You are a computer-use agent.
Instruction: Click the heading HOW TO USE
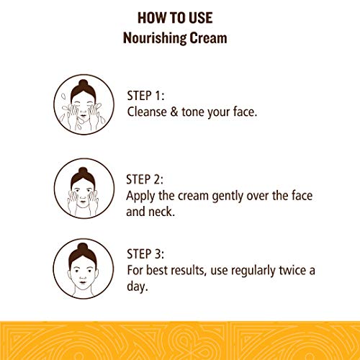(x=175, y=18)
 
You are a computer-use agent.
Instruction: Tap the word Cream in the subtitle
(x=208, y=38)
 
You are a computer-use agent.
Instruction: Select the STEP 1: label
(x=145, y=96)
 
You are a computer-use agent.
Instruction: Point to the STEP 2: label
(x=145, y=179)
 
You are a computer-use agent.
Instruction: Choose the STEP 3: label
(x=145, y=254)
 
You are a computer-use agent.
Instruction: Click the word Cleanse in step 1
(x=147, y=112)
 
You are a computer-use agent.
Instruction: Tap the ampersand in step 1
(x=174, y=112)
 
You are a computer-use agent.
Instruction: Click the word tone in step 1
(x=193, y=112)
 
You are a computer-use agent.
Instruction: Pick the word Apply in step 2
(x=140, y=197)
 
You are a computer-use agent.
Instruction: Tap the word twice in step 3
(x=292, y=271)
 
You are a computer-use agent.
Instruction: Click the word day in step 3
(x=135, y=287)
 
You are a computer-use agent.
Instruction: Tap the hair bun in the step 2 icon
(x=83, y=171)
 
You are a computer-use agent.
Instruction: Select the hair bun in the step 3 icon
(x=83, y=247)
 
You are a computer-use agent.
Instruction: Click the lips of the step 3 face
(x=83, y=282)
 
